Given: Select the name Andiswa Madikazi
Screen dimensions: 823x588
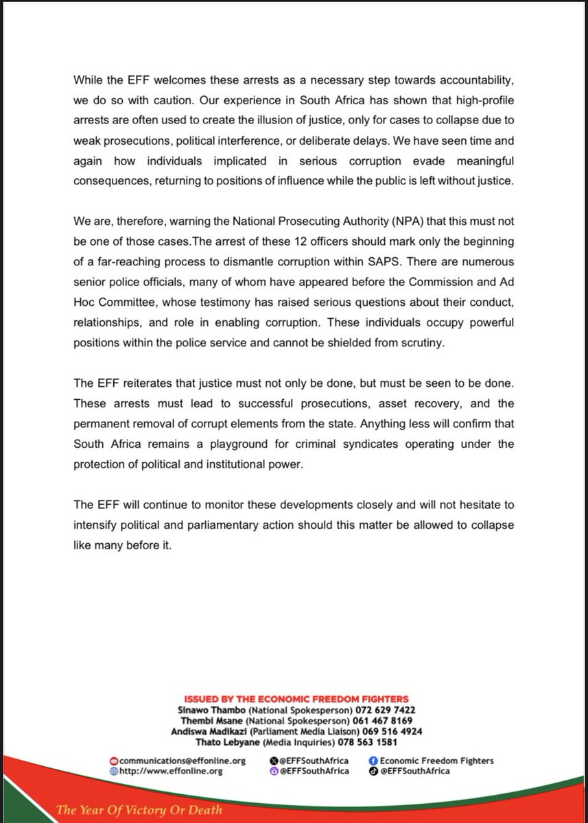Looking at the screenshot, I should tap(205, 732).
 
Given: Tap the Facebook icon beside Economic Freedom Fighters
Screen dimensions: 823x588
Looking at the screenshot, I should tap(373, 761).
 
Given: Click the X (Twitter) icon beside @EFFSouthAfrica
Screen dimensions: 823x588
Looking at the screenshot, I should tap(274, 761).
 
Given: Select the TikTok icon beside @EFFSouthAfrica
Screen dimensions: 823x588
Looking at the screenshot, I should tap(373, 771).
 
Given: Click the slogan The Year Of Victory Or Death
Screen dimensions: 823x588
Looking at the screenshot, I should tap(139, 811).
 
